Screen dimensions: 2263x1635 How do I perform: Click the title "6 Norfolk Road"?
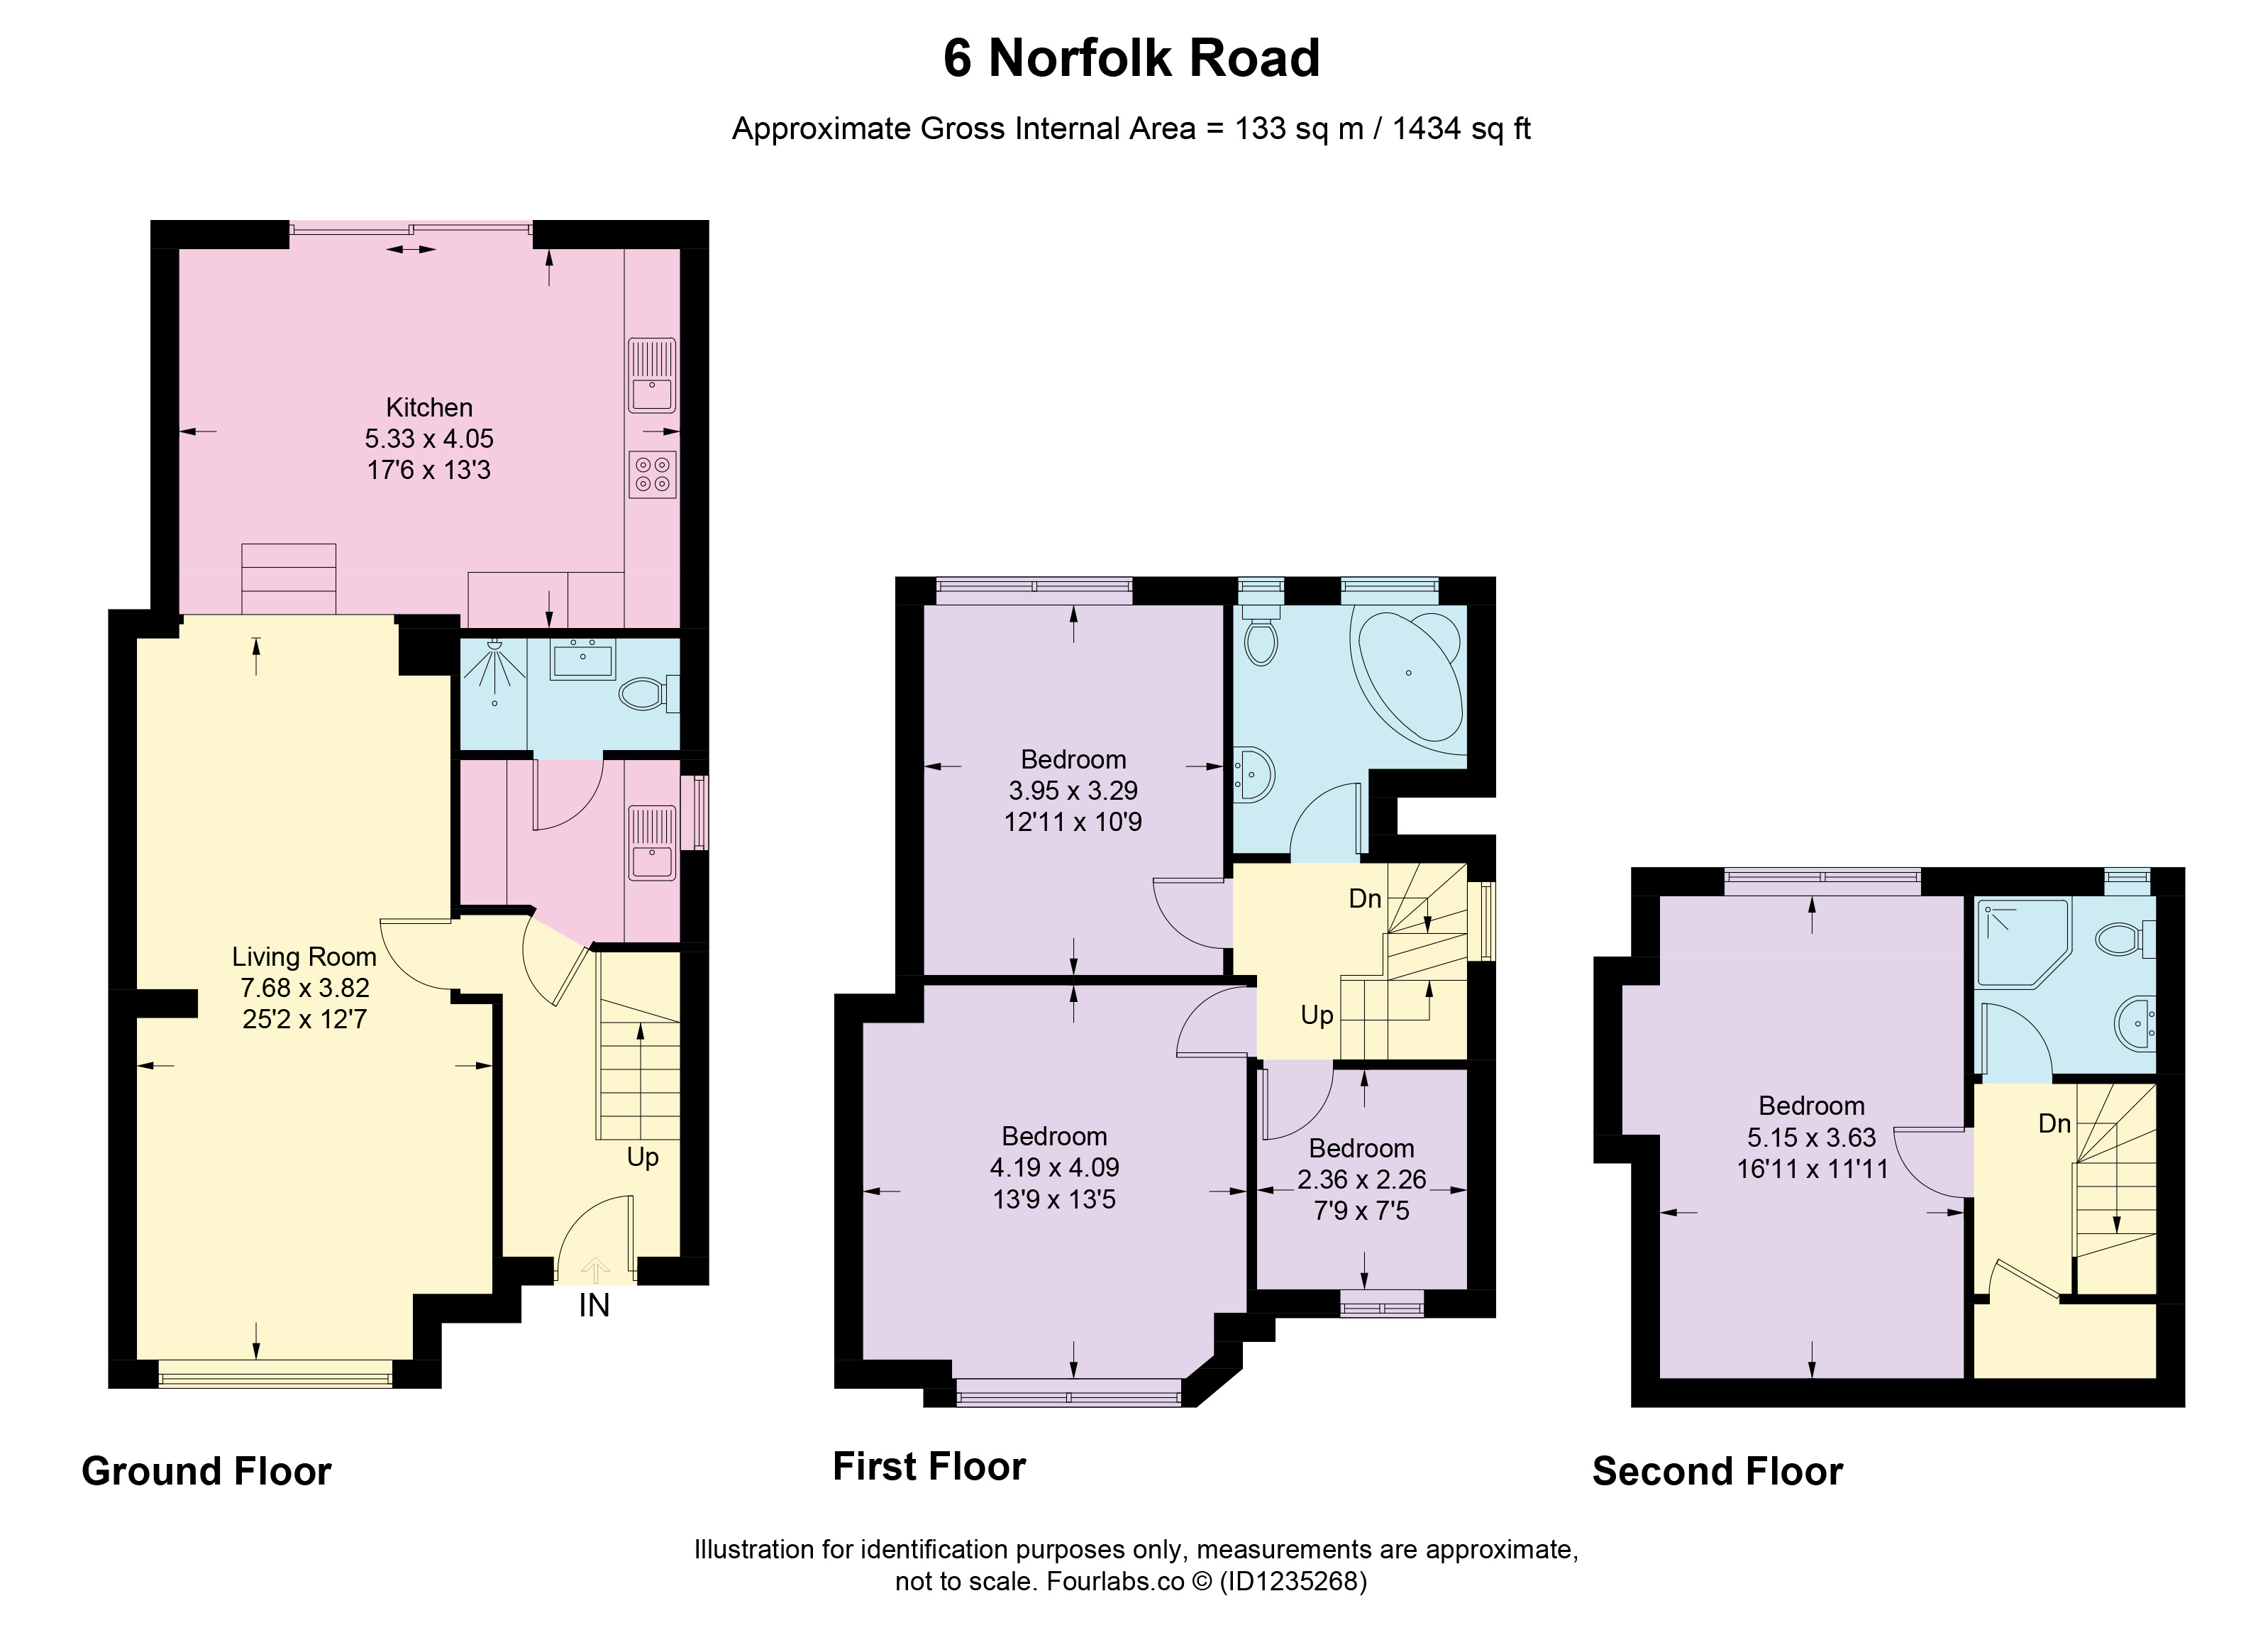[x=1131, y=58]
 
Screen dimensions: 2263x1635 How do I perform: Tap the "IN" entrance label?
[x=594, y=1306]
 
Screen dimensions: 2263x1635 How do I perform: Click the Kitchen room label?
[x=429, y=407]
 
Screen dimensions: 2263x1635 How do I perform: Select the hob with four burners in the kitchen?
[x=653, y=474]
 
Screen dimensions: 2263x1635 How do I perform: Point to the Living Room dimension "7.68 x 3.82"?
[x=304, y=989]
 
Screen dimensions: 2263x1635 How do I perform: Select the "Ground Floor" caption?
[x=206, y=1471]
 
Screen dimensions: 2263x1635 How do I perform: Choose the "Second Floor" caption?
[x=1717, y=1471]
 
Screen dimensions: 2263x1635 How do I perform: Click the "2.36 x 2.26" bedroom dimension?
[x=1362, y=1180]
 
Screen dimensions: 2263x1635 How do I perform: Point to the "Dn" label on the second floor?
[x=2054, y=1124]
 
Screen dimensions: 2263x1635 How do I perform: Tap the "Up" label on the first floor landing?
[x=1317, y=1016]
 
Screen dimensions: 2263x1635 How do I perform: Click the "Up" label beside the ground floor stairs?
[x=643, y=1158]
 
